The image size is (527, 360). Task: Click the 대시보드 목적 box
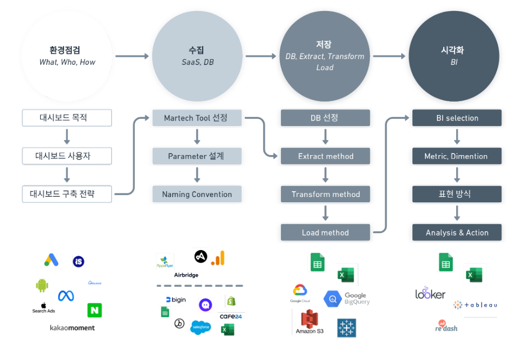click(x=67, y=118)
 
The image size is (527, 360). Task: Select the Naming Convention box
click(x=197, y=194)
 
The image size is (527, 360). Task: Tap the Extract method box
click(x=325, y=156)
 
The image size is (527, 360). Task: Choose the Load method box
click(x=325, y=233)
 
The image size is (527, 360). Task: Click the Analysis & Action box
click(x=457, y=233)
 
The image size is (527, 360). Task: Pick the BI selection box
click(x=457, y=118)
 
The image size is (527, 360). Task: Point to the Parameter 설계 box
click(x=197, y=156)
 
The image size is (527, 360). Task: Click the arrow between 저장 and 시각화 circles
click(x=390, y=56)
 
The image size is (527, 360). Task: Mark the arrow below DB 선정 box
click(x=325, y=137)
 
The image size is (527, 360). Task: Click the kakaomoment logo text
click(x=72, y=328)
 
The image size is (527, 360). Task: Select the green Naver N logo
click(x=94, y=310)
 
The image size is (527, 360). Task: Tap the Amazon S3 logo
click(x=310, y=322)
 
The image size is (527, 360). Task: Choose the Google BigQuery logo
click(x=347, y=299)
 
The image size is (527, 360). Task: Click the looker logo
click(x=430, y=293)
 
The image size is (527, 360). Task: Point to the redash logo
click(x=446, y=326)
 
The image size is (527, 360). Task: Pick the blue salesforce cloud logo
click(x=200, y=327)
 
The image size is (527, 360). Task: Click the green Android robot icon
click(x=42, y=285)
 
